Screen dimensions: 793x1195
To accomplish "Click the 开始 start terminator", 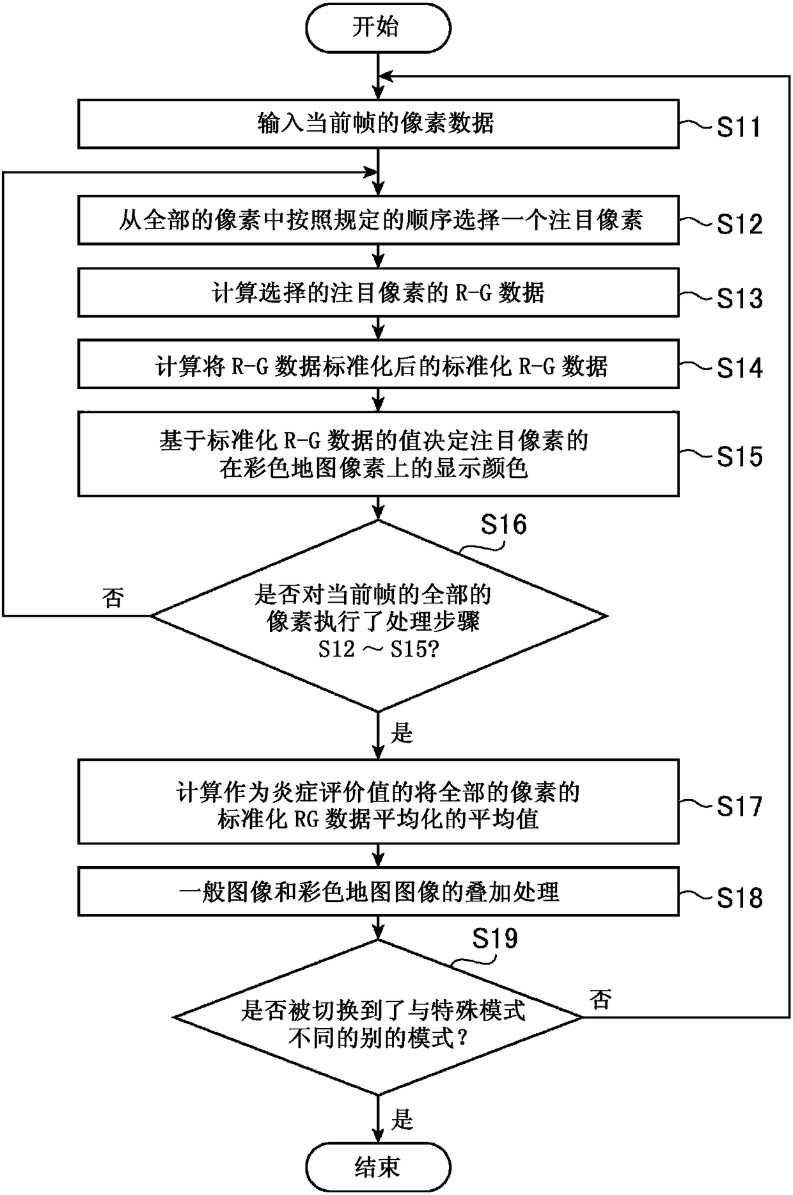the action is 378,28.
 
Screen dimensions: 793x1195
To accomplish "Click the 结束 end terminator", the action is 378,1167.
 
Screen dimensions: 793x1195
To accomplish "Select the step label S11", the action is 739,127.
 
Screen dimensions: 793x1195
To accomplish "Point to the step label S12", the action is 739,223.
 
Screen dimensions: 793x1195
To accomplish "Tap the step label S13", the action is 739,297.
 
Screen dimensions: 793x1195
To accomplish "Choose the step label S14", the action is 739,368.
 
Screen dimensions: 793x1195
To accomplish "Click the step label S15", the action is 739,456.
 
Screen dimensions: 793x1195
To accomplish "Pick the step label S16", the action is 504,524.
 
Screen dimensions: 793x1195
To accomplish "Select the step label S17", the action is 739,806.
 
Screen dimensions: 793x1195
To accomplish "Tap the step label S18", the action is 739,898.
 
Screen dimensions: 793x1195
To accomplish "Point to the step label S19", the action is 495,938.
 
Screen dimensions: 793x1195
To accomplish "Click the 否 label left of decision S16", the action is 113,598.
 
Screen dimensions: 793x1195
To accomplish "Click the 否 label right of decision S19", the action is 601,999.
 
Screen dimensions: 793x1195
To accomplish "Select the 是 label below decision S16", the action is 402,733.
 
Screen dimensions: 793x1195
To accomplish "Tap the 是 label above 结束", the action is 402,1120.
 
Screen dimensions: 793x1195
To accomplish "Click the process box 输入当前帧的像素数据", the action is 378,124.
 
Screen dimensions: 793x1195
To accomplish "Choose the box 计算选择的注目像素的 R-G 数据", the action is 378,292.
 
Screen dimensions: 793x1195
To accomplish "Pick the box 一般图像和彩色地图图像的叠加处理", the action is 378,891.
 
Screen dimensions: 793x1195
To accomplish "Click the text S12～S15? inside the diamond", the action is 377,649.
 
